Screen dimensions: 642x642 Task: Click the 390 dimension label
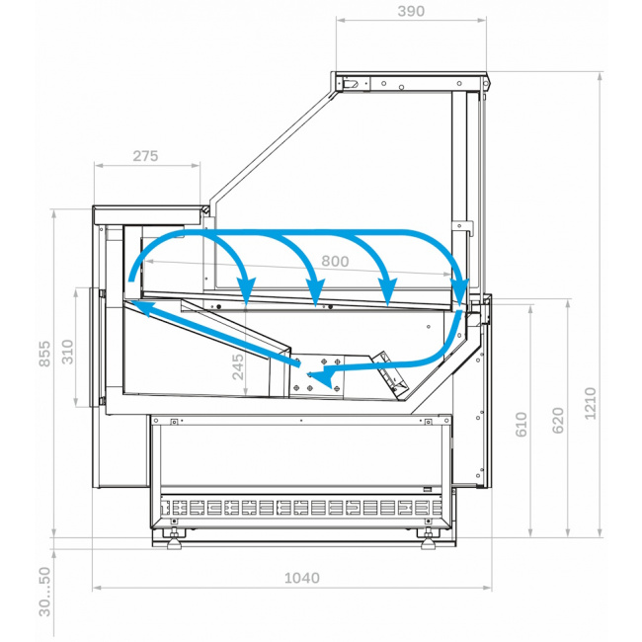[411, 11]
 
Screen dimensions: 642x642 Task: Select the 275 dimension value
[145, 156]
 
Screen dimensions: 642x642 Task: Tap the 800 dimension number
[335, 261]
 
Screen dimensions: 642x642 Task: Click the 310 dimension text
[67, 352]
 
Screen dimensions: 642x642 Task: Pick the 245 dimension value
[237, 366]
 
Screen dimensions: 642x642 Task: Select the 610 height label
[521, 424]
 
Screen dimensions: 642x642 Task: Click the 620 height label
[558, 421]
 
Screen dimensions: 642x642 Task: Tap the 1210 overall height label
[590, 403]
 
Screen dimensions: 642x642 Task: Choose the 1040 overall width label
[302, 578]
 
